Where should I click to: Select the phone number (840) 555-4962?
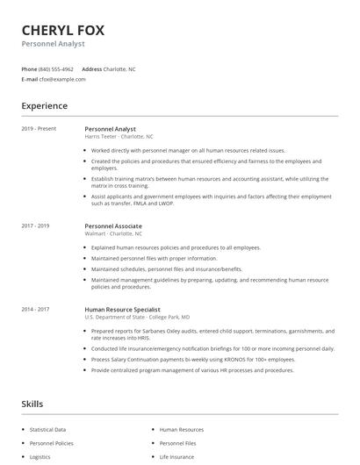click(56, 68)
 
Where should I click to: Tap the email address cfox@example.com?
click(62, 79)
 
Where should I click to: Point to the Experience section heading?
click(44, 106)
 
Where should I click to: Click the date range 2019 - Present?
click(39, 129)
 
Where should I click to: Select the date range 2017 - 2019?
click(35, 225)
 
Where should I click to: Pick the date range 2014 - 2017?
click(35, 309)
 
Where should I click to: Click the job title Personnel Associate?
click(112, 225)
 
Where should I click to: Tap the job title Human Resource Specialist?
click(123, 309)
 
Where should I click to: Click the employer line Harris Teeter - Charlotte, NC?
click(119, 137)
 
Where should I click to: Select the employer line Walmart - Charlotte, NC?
click(113, 233)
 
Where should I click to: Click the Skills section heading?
click(33, 404)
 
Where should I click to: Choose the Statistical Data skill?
click(47, 430)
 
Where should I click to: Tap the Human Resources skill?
click(181, 430)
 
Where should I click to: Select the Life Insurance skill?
click(176, 457)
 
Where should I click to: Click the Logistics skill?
click(40, 457)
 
